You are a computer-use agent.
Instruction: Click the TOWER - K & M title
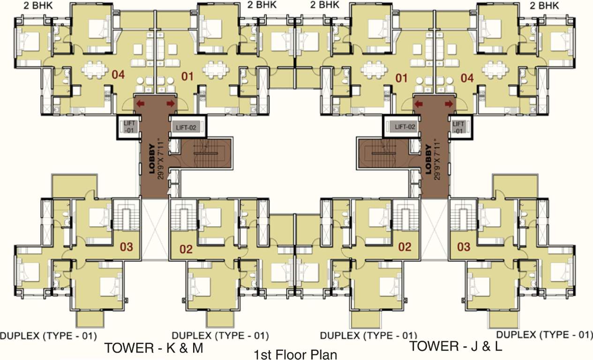[x=153, y=348]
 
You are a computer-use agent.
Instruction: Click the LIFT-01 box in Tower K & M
[x=129, y=127]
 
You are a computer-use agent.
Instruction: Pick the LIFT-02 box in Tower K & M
[x=186, y=127]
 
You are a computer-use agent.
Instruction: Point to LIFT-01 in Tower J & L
[x=458, y=127]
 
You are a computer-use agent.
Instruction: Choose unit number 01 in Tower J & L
[x=402, y=78]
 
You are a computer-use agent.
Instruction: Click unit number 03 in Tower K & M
[x=127, y=246]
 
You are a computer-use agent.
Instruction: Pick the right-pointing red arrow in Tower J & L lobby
[x=449, y=104]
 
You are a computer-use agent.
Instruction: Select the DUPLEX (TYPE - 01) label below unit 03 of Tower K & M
[x=48, y=336]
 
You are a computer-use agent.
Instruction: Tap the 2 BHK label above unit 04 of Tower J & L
[x=545, y=5]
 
